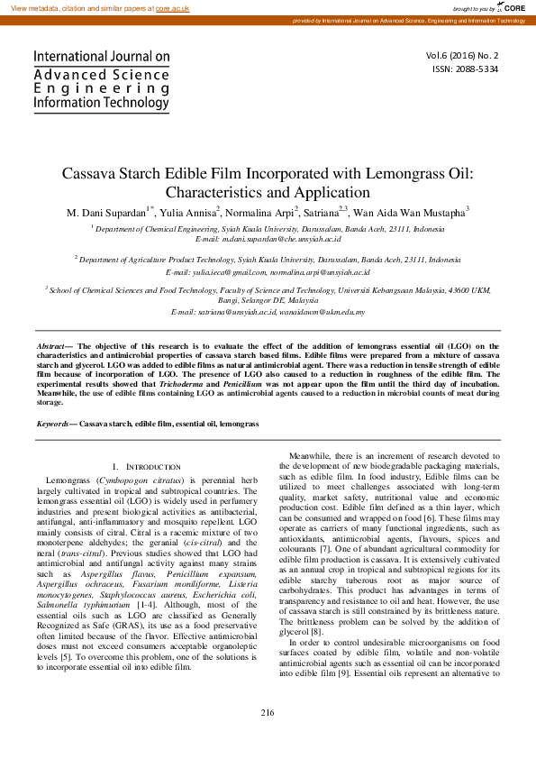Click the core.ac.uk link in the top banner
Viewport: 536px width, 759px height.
coord(172,7)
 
